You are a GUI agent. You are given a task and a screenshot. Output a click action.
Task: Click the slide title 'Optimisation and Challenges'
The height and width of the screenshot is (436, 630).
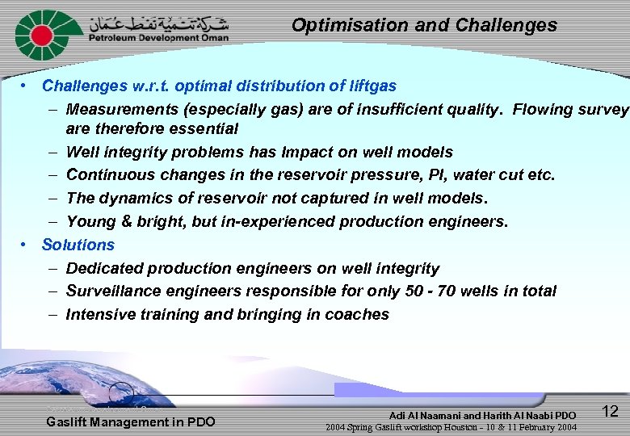coord(424,25)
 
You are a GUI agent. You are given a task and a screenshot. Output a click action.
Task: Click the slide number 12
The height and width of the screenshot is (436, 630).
coord(610,411)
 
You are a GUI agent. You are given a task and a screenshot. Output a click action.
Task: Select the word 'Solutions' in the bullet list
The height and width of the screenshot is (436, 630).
coord(78,245)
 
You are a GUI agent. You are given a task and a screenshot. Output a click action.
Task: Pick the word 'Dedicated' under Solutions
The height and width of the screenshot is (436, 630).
coord(103,268)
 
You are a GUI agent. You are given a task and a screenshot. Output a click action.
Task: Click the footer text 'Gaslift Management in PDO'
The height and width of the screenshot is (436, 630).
coord(131,421)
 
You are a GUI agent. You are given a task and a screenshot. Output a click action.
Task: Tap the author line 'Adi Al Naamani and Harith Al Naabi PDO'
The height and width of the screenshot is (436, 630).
coord(482,415)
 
